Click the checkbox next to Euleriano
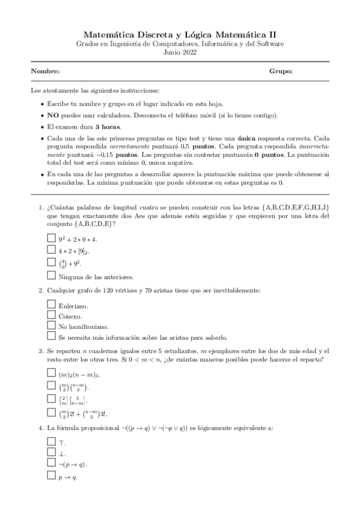51,305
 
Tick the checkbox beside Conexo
51,316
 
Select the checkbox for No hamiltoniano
51,327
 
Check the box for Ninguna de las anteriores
51,276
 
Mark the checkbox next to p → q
51,476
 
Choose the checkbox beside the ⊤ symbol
51,442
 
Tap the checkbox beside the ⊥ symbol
51,453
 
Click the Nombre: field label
46,72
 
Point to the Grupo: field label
281,72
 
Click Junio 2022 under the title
180,52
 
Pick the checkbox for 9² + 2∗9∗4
51,239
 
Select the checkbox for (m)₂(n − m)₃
51,373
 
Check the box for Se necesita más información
51,337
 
